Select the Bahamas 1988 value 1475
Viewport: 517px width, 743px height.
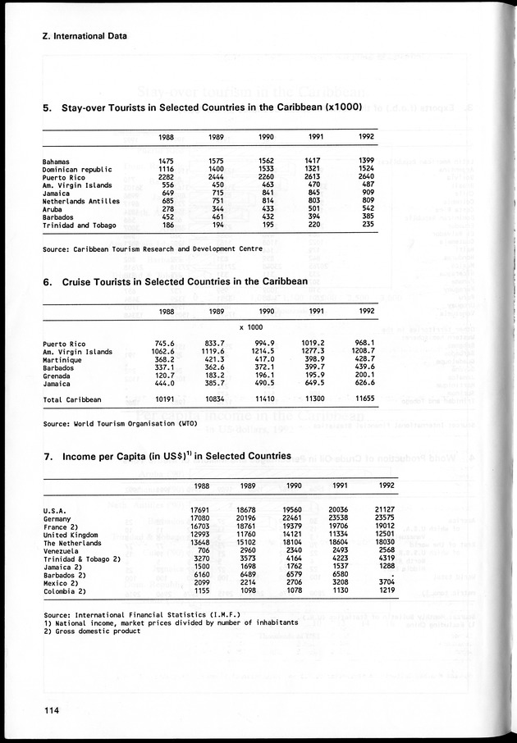[x=166, y=162]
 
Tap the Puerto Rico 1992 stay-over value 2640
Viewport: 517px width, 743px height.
[x=366, y=177]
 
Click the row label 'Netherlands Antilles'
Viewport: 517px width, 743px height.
[x=81, y=201]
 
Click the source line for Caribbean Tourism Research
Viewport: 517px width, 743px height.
[x=153, y=248]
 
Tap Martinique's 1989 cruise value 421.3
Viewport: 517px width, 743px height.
[x=213, y=360]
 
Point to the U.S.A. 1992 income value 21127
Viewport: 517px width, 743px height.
[x=385, y=509]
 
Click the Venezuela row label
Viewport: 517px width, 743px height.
[x=61, y=549]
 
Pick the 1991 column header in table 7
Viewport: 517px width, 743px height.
[x=337, y=485]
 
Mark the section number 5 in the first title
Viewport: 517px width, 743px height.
[x=46, y=107]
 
